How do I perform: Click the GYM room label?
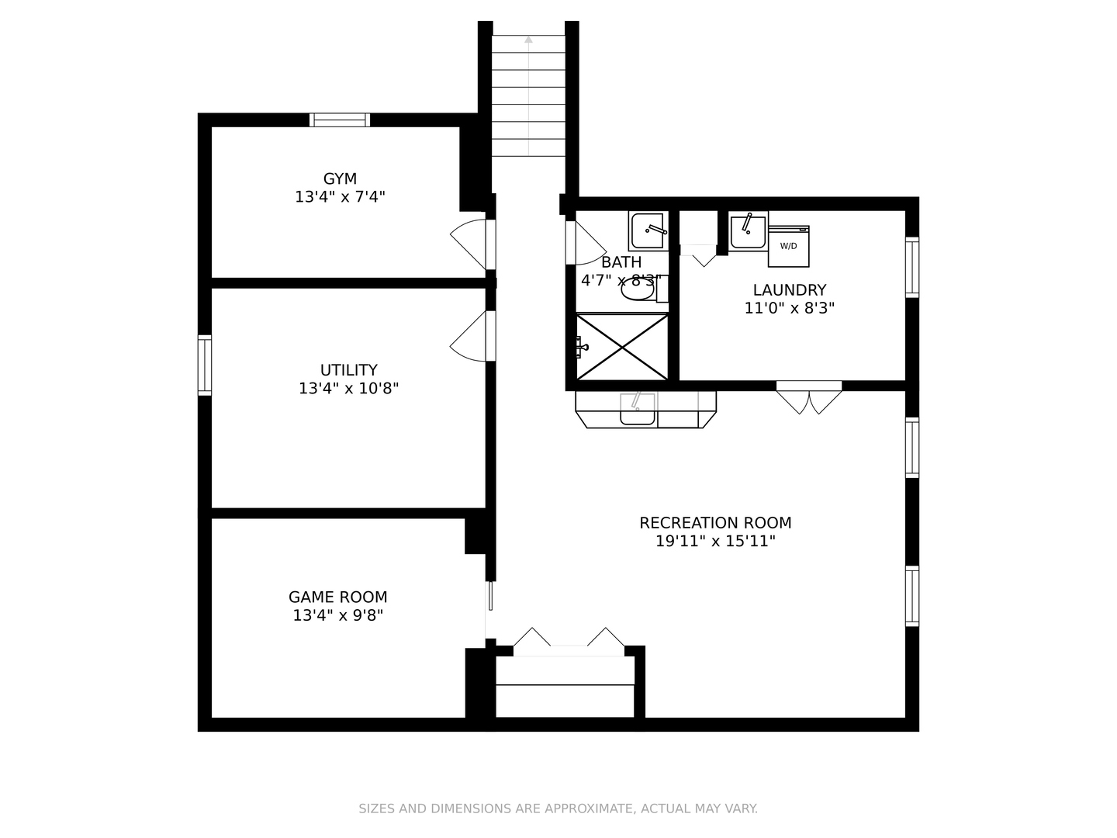point(340,178)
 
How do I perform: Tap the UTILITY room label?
point(348,370)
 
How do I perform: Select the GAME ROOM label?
point(338,597)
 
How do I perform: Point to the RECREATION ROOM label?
point(715,522)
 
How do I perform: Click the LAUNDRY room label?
point(790,290)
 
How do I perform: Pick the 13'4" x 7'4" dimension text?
point(340,197)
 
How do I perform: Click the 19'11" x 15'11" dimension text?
point(715,541)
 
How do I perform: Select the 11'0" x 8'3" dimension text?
point(790,308)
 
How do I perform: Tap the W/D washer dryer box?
point(788,246)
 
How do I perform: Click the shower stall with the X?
point(622,347)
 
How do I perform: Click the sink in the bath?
point(648,231)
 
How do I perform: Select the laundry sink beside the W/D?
point(748,231)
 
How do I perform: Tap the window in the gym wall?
point(340,120)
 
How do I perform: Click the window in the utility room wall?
point(205,365)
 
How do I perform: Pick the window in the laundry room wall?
point(912,267)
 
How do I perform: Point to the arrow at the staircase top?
point(529,39)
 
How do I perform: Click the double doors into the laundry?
point(809,397)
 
